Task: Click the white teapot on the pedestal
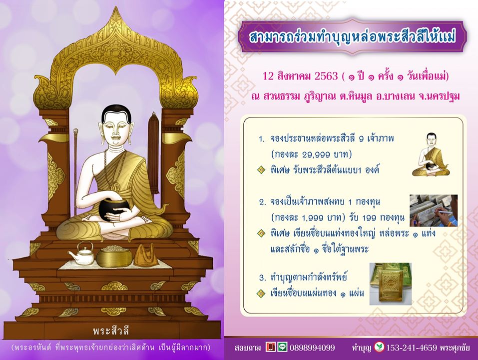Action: (81, 253)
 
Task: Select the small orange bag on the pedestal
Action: (146, 254)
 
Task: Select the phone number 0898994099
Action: (312, 347)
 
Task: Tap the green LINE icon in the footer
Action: (282, 347)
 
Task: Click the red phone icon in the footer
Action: (270, 347)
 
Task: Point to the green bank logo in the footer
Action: (379, 347)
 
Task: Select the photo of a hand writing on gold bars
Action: (434, 210)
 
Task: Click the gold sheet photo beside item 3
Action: (391, 284)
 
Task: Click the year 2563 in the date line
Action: (326, 75)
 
